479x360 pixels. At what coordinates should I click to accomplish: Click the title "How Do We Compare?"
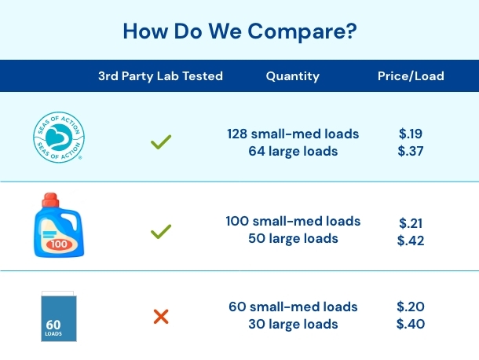[x=239, y=31]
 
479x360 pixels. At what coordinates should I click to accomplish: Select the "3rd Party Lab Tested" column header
[x=160, y=76]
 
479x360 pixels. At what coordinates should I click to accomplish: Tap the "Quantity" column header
[x=293, y=76]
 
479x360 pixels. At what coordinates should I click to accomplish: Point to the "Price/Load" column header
[x=411, y=76]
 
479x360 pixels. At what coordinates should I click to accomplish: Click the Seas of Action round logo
[x=59, y=137]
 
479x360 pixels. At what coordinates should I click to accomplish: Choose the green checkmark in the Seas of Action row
[x=161, y=142]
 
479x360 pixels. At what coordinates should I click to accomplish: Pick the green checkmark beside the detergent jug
[x=161, y=232]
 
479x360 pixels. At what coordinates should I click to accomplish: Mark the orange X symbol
[x=161, y=317]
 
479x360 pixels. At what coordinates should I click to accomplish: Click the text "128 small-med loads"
[x=293, y=134]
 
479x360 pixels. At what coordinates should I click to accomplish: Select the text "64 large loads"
[x=293, y=151]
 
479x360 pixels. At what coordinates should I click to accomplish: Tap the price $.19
[x=411, y=134]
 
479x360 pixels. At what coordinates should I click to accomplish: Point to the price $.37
[x=411, y=151]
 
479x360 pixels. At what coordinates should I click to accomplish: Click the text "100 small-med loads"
[x=293, y=221]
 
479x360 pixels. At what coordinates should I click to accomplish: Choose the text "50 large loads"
[x=293, y=239]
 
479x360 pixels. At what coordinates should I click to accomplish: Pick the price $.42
[x=411, y=241]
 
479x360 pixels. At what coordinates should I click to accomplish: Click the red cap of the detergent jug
[x=50, y=200]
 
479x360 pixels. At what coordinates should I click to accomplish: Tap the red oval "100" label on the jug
[x=59, y=244]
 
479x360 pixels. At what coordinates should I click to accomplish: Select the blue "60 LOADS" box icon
[x=59, y=316]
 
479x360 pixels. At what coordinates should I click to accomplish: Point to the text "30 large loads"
[x=293, y=324]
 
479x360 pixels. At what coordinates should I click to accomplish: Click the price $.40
[x=411, y=324]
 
